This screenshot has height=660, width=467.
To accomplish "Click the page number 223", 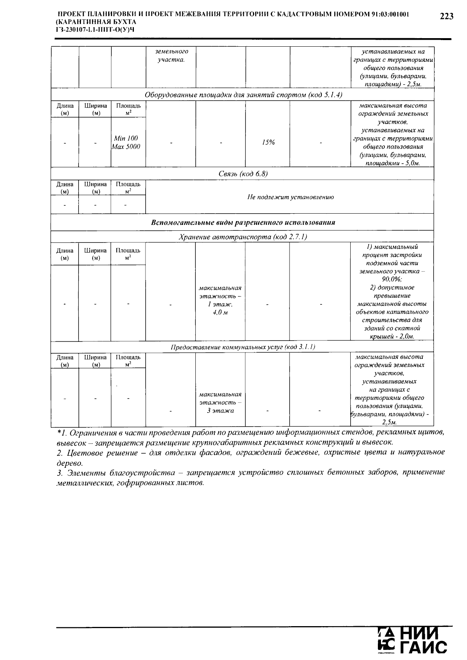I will pyautogui.click(x=446, y=16).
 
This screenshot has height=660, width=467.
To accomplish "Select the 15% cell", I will pyautogui.click(x=268, y=142).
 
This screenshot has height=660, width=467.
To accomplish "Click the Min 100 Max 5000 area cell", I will pyautogui.click(x=126, y=142).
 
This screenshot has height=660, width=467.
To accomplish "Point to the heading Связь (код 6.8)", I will pyautogui.click(x=243, y=174).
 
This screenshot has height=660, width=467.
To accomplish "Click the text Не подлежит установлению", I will pyautogui.click(x=290, y=197).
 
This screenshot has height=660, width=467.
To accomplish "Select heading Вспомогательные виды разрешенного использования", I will pyautogui.click(x=243, y=223).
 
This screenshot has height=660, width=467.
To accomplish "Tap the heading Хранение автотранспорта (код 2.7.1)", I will pyautogui.click(x=243, y=237).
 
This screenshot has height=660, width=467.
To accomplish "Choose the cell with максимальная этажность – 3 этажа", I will pyautogui.click(x=220, y=402).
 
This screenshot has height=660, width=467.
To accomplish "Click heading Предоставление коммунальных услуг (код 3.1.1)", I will pyautogui.click(x=243, y=347).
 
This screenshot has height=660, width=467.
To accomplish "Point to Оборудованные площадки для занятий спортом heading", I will pyautogui.click(x=243, y=95).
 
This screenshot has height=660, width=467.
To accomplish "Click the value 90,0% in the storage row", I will pyautogui.click(x=392, y=279).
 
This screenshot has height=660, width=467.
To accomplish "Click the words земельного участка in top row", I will pyautogui.click(x=171, y=56).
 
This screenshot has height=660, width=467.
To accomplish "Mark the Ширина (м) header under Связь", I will pyautogui.click(x=95, y=188).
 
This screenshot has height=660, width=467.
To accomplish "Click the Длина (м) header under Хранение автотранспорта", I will pyautogui.click(x=65, y=254).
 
